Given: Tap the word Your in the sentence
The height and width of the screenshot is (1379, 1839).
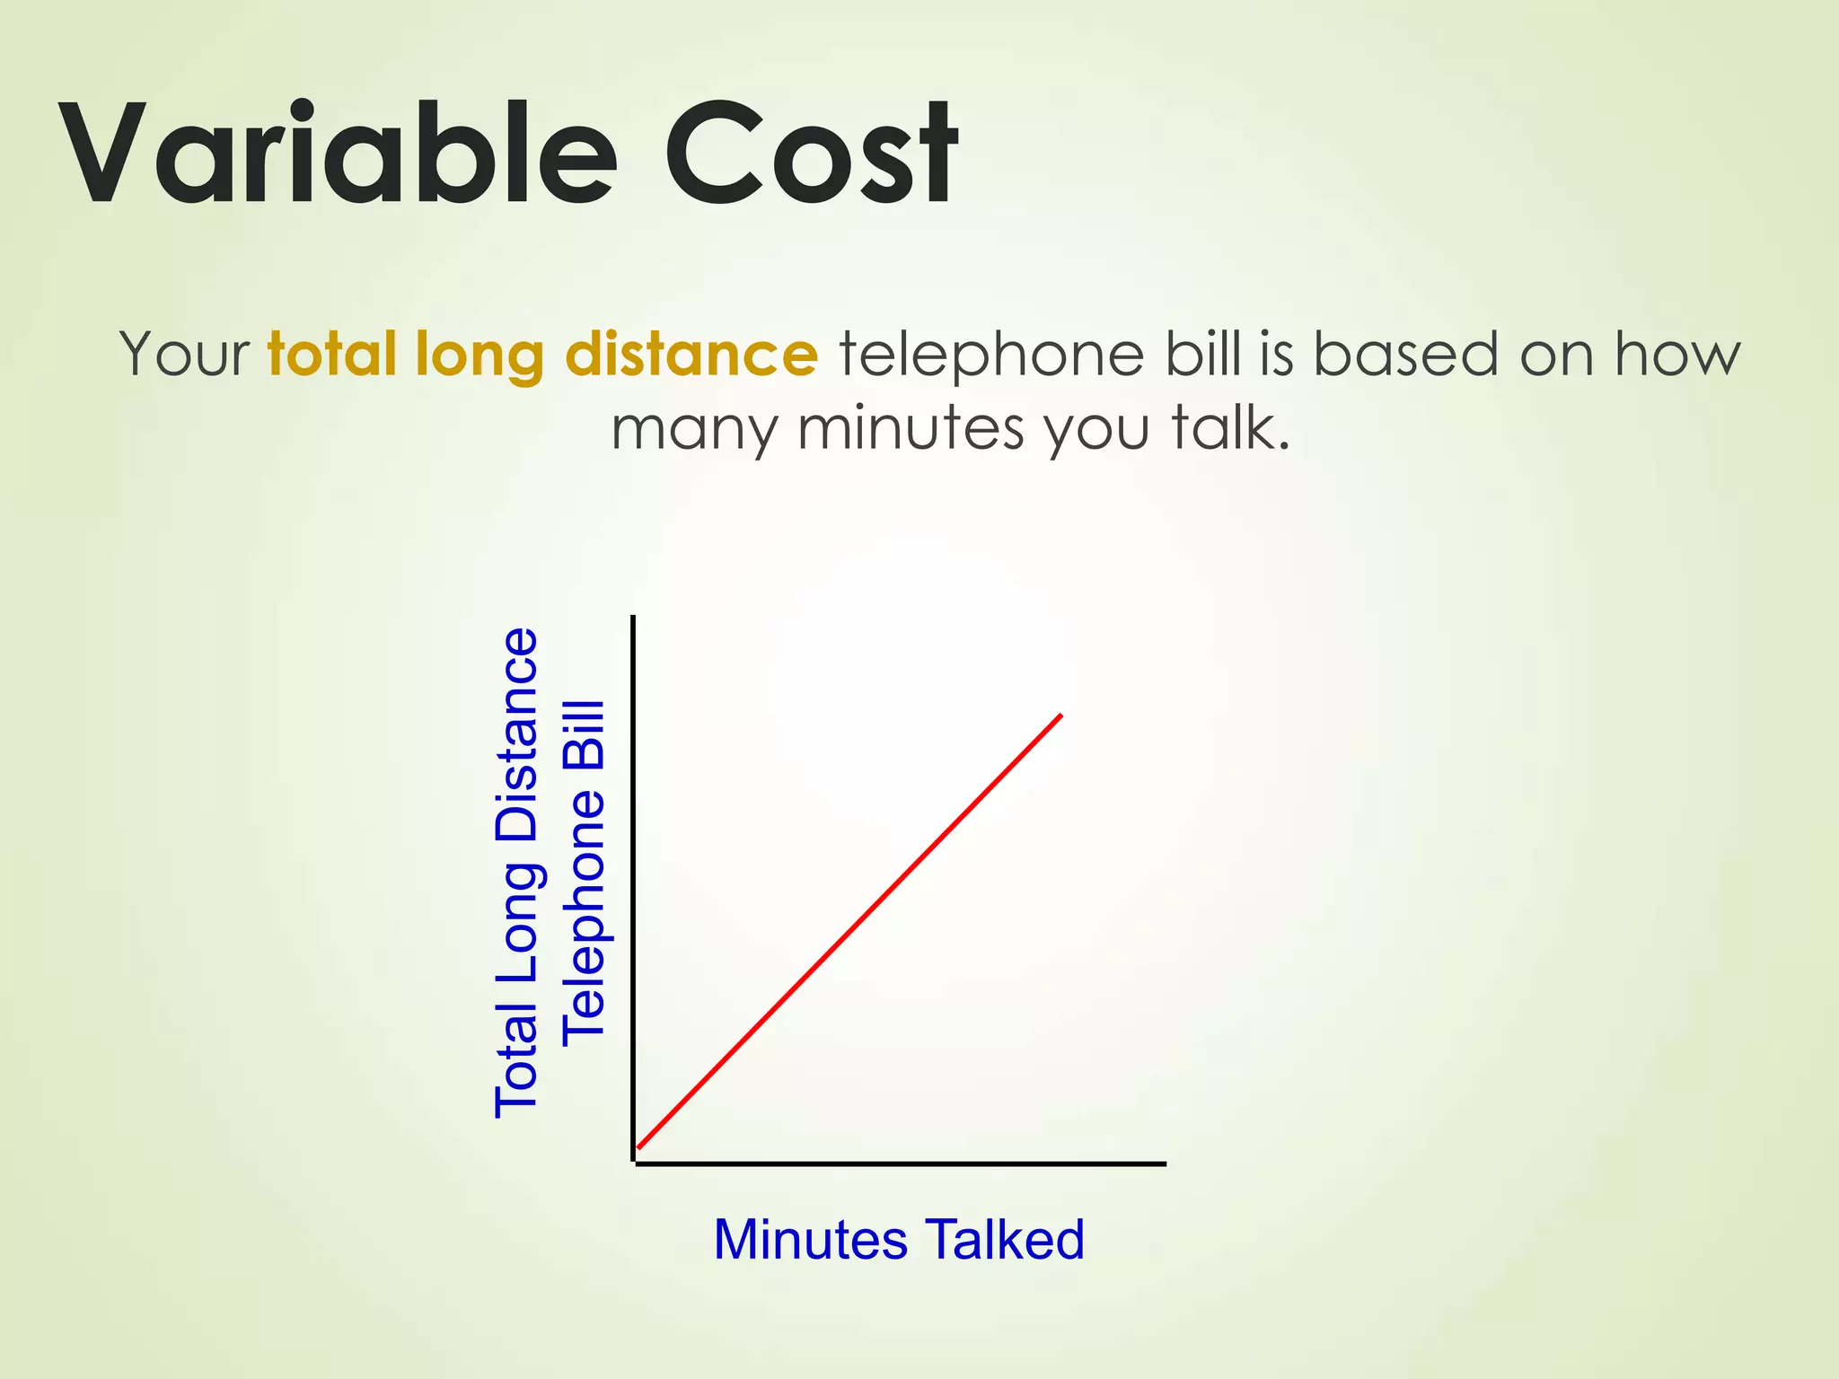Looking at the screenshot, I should coord(185,354).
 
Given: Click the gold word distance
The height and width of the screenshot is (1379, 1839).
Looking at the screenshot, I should coord(691,354).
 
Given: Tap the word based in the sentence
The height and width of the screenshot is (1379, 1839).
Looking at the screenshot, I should coord(1406,354).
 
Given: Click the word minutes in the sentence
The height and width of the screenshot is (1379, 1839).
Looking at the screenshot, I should coord(911,428).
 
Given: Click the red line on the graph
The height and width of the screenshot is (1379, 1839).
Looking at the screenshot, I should coord(849,932).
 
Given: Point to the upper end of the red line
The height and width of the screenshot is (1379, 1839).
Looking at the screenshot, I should coord(1060,716).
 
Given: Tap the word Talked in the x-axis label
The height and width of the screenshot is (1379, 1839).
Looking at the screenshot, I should coord(1005,1240).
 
